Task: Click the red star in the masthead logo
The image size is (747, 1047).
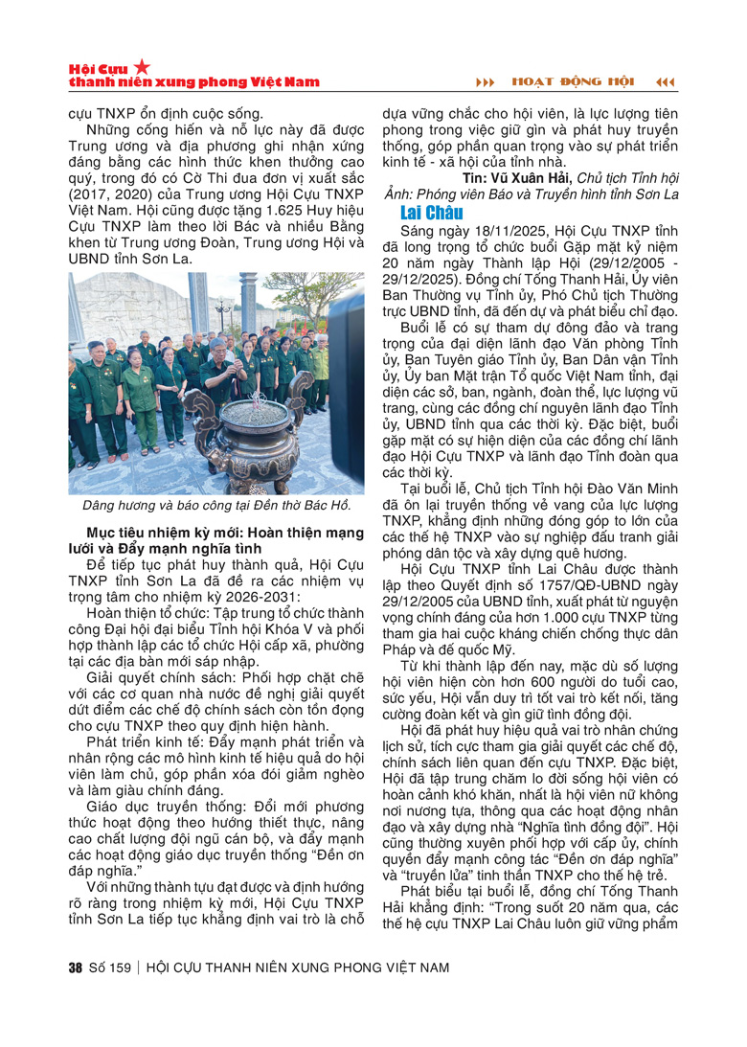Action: click(x=142, y=66)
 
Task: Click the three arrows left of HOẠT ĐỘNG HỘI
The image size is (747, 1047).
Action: click(x=487, y=81)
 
